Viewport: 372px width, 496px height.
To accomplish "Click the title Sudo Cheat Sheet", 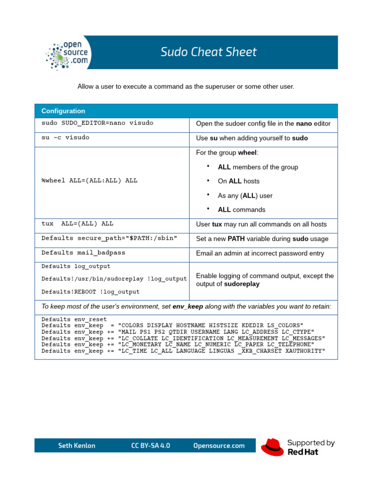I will (209, 52).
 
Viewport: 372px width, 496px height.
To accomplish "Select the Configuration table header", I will (63, 111).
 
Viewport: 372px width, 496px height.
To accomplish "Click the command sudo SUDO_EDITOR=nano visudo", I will (97, 123).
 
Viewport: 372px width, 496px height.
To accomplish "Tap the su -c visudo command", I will (65, 138).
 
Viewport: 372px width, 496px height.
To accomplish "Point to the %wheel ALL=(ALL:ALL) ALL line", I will (90, 180).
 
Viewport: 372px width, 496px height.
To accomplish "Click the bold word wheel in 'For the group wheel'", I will (248, 153).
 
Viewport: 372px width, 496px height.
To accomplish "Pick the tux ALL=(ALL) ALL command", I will (77, 224).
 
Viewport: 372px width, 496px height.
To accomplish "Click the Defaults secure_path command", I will (109, 238).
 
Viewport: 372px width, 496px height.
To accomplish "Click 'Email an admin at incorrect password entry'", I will (260, 253).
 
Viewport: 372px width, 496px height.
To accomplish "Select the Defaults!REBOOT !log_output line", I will (91, 292).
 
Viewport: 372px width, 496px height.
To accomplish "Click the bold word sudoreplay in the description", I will (242, 284).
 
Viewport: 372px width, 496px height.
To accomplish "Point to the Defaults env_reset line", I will (74, 320).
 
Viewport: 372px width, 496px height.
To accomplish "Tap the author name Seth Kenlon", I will (77, 446).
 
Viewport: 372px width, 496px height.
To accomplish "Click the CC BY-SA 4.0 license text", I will (151, 446).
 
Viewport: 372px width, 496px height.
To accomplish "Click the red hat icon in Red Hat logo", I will (272, 447).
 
